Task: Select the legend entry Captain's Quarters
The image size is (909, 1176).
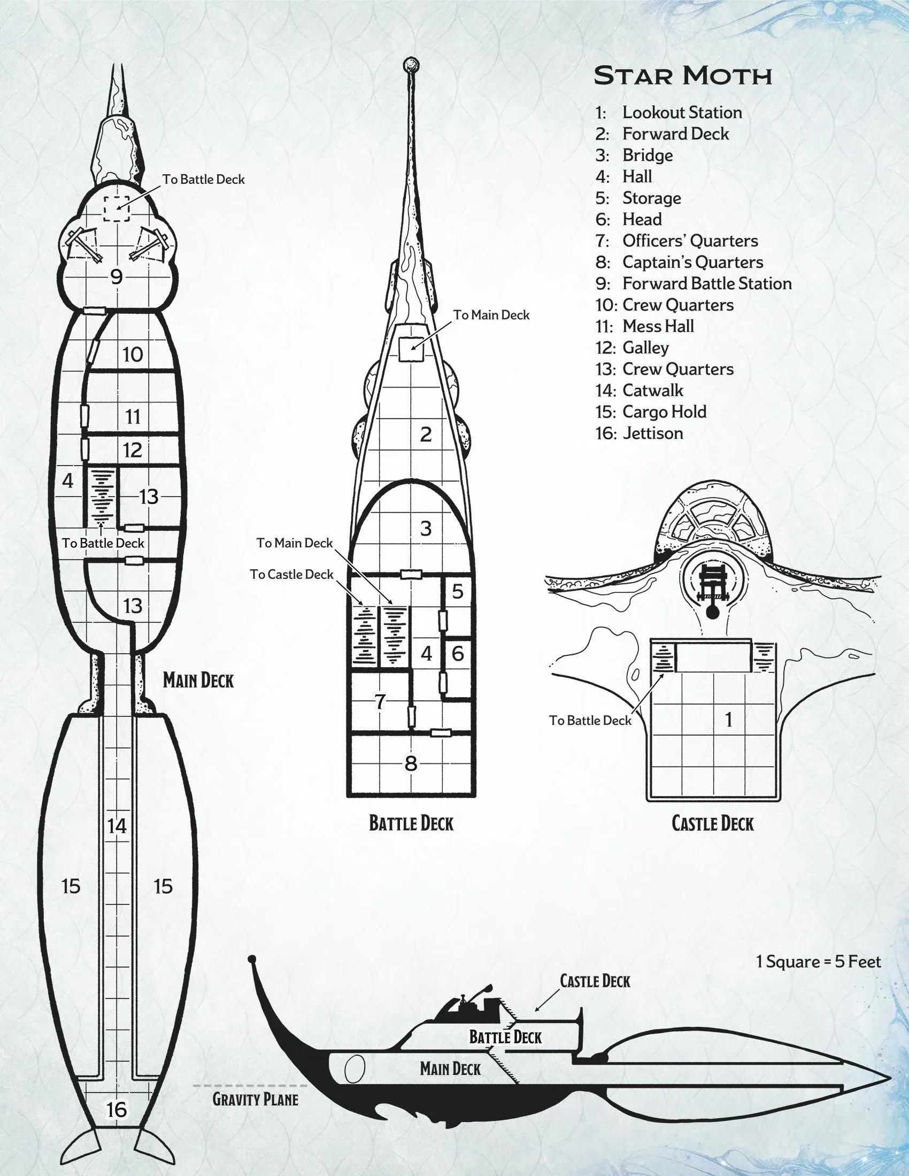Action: coord(692,262)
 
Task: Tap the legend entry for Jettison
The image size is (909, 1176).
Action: coord(652,434)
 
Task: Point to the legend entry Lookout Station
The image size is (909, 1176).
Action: coord(682,113)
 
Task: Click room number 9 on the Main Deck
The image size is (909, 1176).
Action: coord(117,277)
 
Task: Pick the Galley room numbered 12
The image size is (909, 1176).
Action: coord(133,450)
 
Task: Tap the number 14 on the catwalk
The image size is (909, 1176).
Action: coord(117,825)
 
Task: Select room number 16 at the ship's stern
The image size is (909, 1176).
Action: coord(117,1110)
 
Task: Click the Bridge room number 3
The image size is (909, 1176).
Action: coord(426,529)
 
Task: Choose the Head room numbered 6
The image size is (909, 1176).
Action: coord(458,654)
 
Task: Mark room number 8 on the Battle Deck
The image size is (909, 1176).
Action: coord(411,763)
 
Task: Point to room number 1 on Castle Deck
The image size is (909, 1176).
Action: coord(728,720)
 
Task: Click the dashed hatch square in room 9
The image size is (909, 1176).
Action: coord(117,208)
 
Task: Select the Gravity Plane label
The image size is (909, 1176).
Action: coord(255,1098)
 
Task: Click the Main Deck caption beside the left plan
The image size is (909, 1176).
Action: coord(198,680)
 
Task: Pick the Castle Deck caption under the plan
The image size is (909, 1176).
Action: coord(712,824)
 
